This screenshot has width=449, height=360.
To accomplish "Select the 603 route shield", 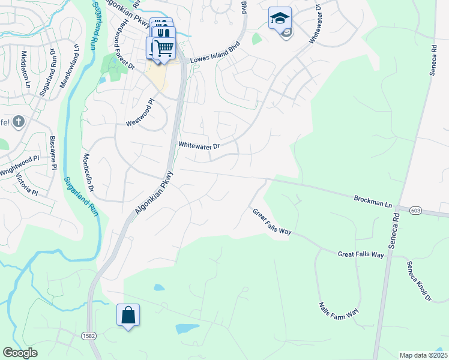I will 417,211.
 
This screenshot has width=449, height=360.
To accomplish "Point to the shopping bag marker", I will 128,316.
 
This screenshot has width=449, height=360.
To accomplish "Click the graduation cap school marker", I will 280,19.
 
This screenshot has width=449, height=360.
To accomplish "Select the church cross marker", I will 19,122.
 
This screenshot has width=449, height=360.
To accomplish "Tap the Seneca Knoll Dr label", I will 418,280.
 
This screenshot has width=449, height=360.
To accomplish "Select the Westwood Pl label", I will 140,113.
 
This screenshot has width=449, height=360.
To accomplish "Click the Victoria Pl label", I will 26,185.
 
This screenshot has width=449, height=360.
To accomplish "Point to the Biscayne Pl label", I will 53,151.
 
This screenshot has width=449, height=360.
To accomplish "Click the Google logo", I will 20,353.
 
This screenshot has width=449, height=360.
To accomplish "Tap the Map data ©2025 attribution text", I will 423,355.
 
